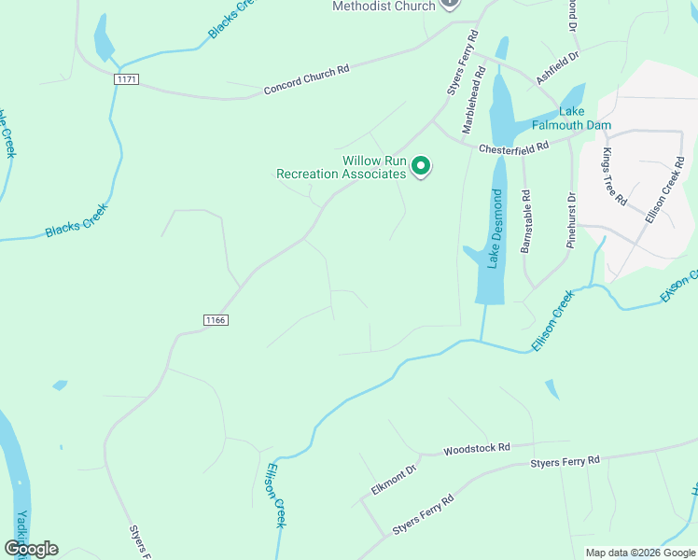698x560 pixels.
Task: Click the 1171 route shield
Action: (127, 80)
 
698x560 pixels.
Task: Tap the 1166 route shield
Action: (216, 320)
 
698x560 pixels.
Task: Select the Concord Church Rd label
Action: (306, 79)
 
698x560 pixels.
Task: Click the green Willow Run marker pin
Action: (421, 167)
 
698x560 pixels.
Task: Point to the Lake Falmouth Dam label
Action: (571, 118)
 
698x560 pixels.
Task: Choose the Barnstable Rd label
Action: (526, 222)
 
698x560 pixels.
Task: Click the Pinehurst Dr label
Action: (571, 220)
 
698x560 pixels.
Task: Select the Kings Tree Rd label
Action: (616, 177)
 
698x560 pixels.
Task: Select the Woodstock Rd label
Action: (478, 449)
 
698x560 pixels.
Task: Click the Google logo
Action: (31, 549)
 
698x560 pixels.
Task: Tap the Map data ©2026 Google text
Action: (640, 553)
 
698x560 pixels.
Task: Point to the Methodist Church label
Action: (384, 7)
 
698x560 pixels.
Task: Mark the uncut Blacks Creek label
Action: (77, 221)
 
